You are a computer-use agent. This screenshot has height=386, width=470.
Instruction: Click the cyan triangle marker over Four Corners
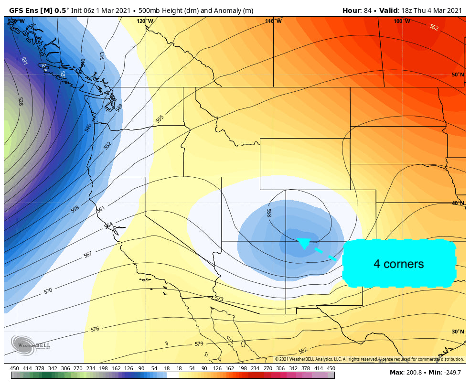click(303, 243)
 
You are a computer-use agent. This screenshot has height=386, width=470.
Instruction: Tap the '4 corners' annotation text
click(398, 264)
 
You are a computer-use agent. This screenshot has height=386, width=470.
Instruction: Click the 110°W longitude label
click(274, 21)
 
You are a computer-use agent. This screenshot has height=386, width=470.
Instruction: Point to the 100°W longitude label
click(402, 21)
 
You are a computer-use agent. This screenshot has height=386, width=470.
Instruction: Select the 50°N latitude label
click(458, 75)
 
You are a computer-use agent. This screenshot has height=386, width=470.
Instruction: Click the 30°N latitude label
click(458, 332)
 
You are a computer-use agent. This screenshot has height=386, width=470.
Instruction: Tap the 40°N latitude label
click(458, 203)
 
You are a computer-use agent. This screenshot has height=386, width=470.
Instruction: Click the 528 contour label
click(21, 101)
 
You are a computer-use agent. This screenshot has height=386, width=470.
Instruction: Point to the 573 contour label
click(219, 299)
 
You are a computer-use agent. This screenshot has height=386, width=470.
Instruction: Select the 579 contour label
click(199, 344)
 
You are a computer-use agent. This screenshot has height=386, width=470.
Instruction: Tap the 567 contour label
click(87, 255)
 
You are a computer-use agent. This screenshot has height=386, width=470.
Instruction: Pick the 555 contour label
click(160, 118)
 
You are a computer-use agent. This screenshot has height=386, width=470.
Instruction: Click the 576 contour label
click(95, 329)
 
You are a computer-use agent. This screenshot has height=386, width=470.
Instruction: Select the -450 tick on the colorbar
click(14, 368)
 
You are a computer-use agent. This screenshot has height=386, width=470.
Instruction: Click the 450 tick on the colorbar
click(331, 368)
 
